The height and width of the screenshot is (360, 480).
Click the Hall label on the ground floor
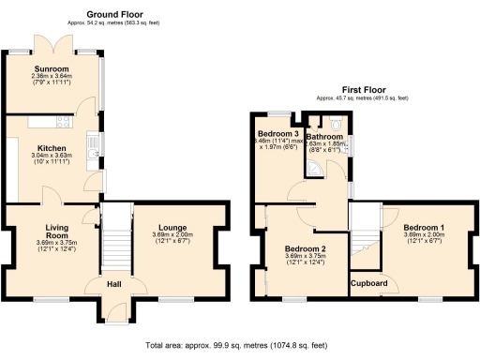point(112,285)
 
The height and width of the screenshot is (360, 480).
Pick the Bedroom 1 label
point(424,227)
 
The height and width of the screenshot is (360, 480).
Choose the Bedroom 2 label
point(305,248)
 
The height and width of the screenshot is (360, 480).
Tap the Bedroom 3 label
point(278,134)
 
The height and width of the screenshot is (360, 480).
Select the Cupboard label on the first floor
point(369,282)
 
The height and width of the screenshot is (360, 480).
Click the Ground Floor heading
point(114,15)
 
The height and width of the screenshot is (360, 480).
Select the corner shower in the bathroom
point(316,168)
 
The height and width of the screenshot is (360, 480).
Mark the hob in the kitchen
point(62,120)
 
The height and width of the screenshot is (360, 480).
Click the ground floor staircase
point(112,235)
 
